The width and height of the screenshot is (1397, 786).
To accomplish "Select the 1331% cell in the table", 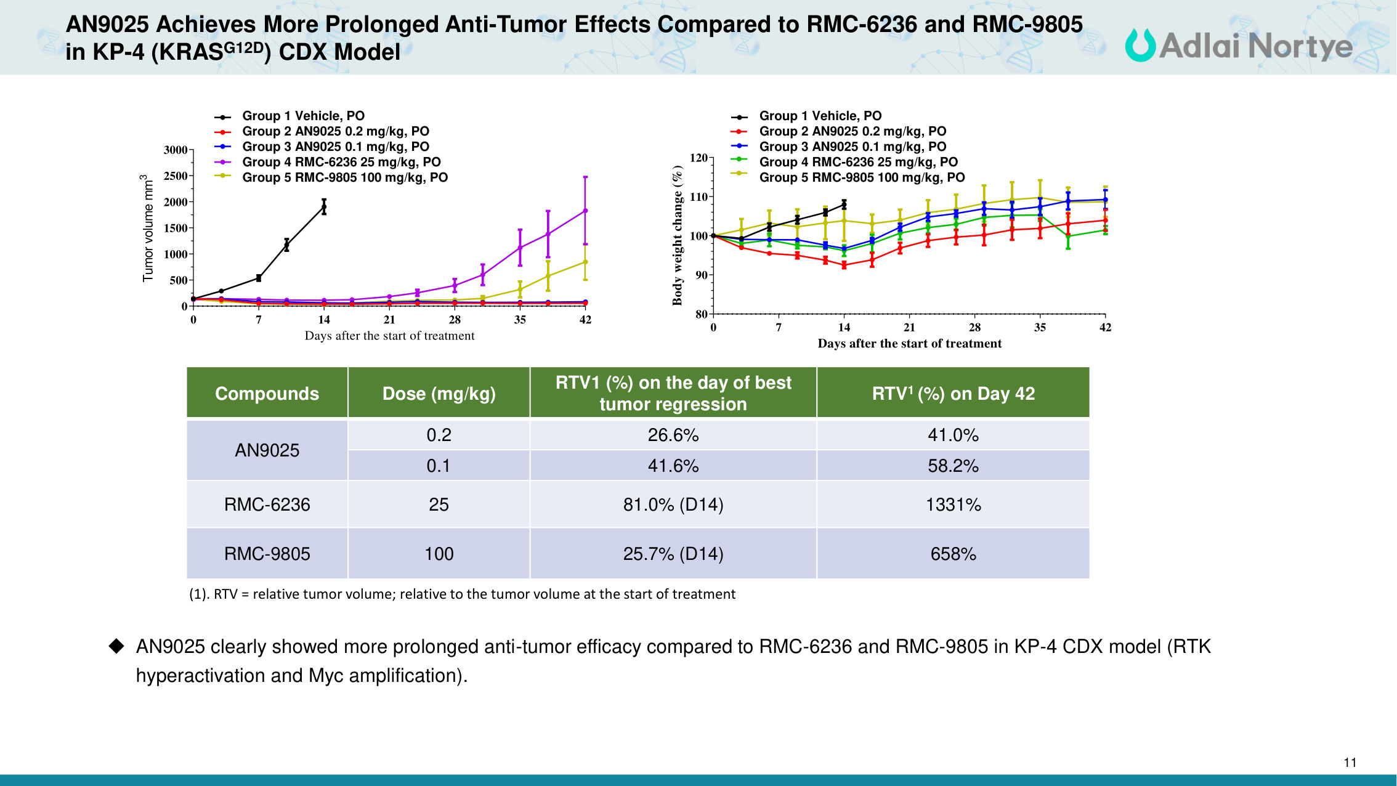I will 953,504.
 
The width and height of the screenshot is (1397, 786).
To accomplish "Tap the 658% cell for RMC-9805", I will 953,554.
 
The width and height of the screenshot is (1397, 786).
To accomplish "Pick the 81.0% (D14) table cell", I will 673,504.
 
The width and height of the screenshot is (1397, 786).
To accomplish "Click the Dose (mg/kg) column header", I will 439,394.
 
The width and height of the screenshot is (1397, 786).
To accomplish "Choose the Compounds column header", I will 267,394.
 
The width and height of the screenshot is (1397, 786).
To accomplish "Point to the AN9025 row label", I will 267,450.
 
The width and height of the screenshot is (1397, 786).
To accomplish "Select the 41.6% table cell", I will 673,466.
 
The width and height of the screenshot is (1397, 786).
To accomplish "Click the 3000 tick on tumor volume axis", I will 175,150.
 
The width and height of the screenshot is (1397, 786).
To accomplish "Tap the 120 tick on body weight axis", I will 698,158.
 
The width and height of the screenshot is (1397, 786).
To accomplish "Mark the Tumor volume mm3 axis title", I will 148,228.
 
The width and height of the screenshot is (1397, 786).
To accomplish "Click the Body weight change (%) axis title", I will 678,235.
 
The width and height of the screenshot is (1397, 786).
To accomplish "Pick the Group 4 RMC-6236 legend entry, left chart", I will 341,162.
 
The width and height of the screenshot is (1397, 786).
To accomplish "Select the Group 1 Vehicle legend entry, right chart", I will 820,116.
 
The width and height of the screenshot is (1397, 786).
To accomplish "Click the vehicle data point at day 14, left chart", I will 324,207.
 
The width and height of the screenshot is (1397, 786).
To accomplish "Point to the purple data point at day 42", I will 585,211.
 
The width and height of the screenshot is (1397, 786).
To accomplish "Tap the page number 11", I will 1350,763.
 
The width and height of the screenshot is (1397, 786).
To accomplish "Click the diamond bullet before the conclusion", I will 116,646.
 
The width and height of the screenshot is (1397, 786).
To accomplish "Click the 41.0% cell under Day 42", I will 953,435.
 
